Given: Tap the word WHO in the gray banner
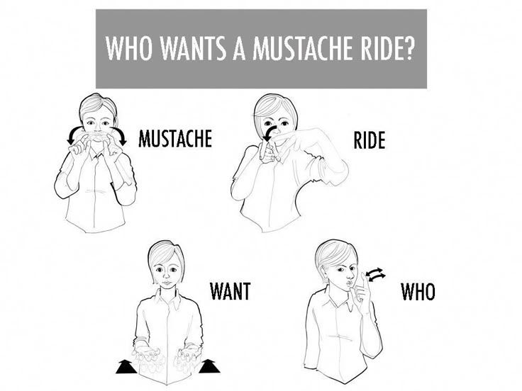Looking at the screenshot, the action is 129,48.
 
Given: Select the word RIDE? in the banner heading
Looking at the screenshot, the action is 386,48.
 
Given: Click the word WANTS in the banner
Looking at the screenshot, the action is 193,48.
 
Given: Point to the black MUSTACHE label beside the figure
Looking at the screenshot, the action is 175,138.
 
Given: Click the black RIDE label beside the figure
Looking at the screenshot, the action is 370,140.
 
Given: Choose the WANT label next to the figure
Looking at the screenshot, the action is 230,291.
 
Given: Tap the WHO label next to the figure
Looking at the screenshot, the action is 418,292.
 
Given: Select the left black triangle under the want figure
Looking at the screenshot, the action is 126,367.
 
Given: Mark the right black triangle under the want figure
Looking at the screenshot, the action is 209,366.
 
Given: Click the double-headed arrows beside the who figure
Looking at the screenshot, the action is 375,274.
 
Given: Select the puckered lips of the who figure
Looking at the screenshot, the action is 348,283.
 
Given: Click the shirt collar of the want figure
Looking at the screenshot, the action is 167,298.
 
